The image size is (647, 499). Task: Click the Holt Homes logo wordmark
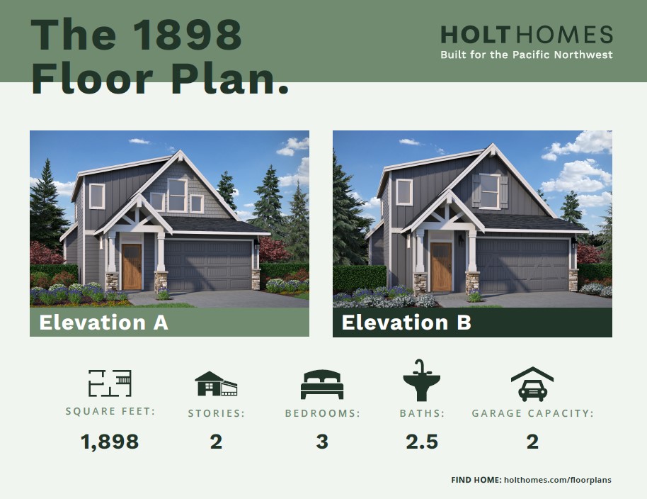coord(527,34)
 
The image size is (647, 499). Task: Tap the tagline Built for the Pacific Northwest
coord(527,55)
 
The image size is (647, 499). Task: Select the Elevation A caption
coord(103,323)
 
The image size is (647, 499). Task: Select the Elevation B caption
coord(406,323)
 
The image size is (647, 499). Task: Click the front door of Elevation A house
coord(132,267)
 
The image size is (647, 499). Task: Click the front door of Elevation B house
coord(441,267)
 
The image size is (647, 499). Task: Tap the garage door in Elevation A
coord(208,266)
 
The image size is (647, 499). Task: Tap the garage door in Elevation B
coord(522,266)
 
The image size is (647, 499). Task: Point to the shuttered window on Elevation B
coord(490,191)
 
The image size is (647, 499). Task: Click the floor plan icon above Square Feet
coord(110,383)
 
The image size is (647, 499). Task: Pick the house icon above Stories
coord(216,383)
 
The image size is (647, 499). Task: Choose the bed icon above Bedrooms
coord(322,385)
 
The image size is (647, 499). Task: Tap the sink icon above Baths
coord(421,380)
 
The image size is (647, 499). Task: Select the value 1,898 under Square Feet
coord(110,442)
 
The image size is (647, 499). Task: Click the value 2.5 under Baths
coord(422,442)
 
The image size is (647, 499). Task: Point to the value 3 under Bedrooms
coord(322,442)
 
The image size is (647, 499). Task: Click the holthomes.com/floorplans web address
coord(558,480)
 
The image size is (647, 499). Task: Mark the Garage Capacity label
coord(533,413)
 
